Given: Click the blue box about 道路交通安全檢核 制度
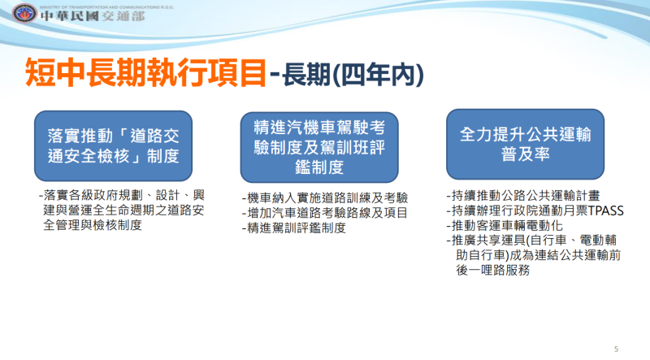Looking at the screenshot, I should point(113,145).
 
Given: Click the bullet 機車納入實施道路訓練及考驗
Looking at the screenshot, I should point(325,197).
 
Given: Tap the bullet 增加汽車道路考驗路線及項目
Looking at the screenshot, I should point(325,213).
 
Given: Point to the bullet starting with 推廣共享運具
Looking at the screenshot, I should point(536,241).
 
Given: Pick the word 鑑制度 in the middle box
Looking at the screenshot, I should point(319,167).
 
